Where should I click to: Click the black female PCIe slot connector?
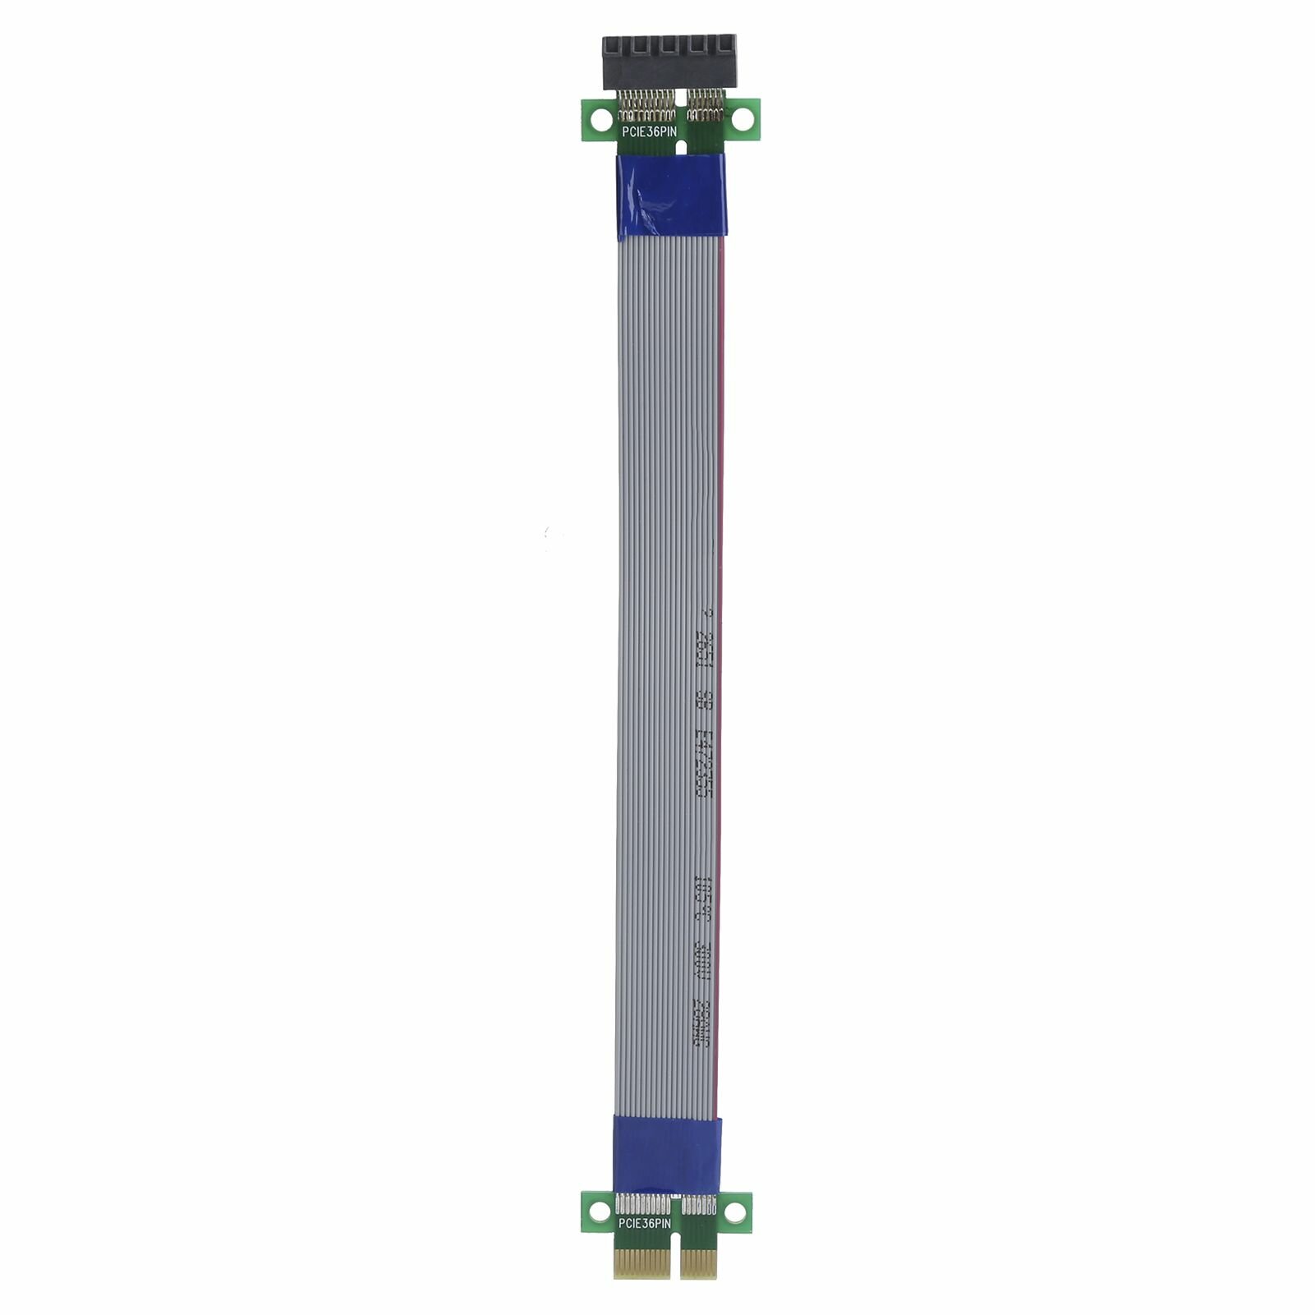[669, 62]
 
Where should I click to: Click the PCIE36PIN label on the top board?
[649, 131]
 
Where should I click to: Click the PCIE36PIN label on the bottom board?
[645, 1223]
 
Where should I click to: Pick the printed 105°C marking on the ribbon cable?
[702, 895]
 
